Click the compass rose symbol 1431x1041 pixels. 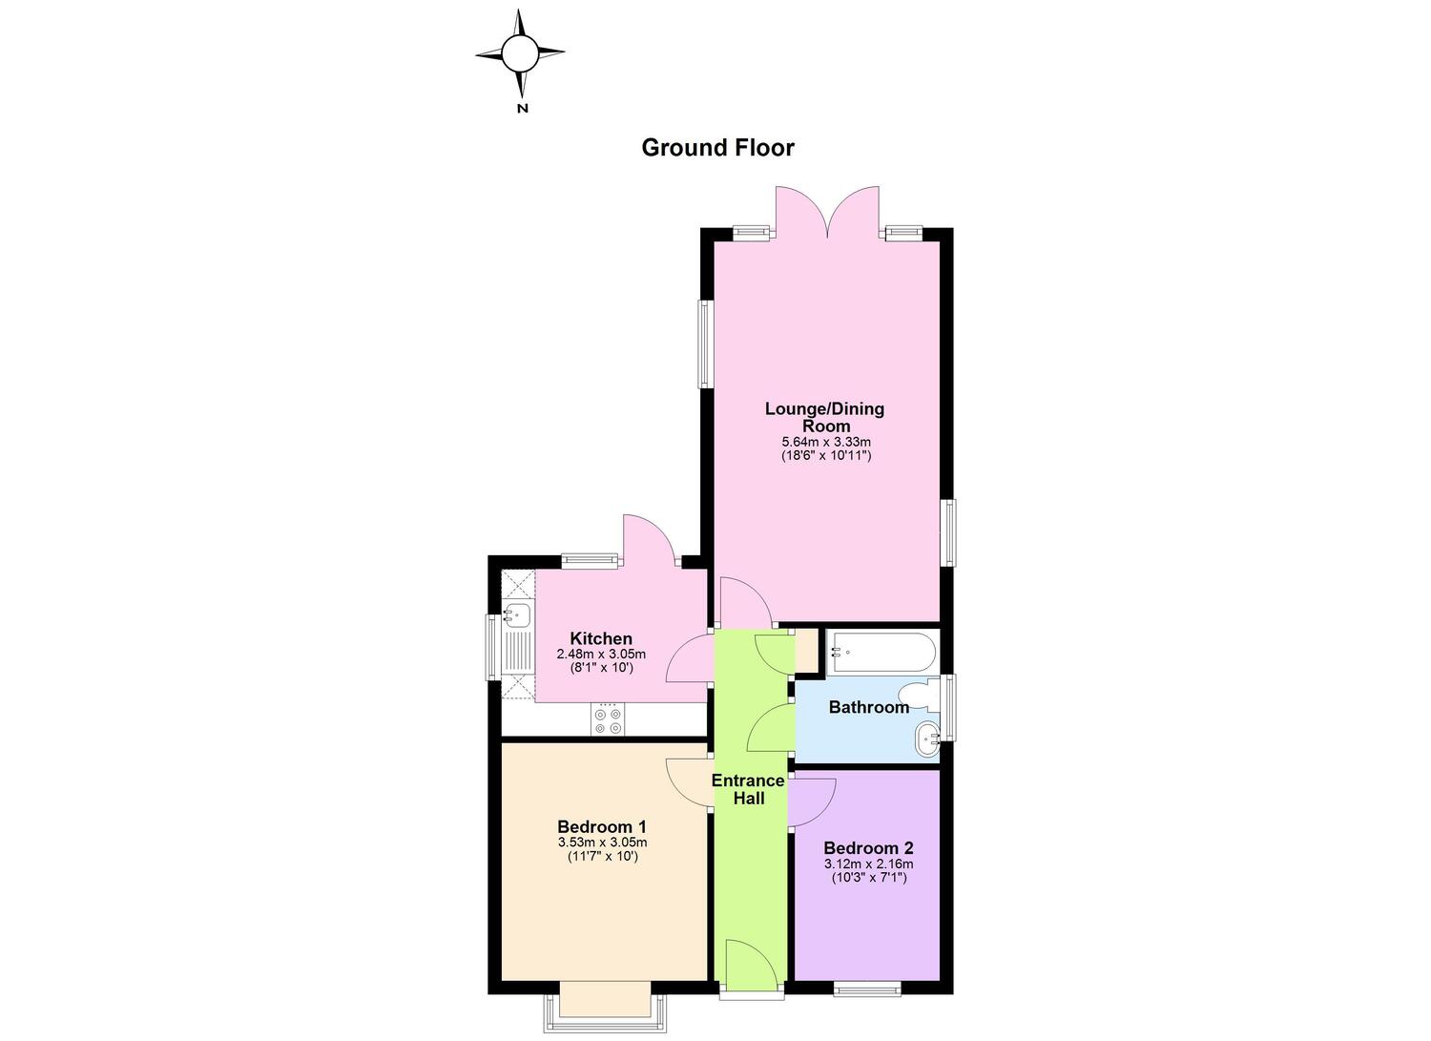coord(520,54)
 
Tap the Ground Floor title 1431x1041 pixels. coord(717,148)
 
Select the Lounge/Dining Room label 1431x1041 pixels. coord(825,417)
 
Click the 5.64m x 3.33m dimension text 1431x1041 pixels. coord(826,442)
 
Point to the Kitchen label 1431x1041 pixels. coord(601,638)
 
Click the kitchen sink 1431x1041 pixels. coord(517,615)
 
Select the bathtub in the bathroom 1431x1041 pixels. coord(881,653)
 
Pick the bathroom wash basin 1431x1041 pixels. coord(927,739)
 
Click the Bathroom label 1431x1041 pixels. coord(869,707)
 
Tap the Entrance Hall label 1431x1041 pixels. coord(748,789)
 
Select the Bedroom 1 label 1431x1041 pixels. coord(602,827)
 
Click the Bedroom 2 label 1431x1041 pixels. coord(868,848)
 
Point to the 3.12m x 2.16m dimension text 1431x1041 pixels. coord(869,864)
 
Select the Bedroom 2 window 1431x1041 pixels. coord(867,989)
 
